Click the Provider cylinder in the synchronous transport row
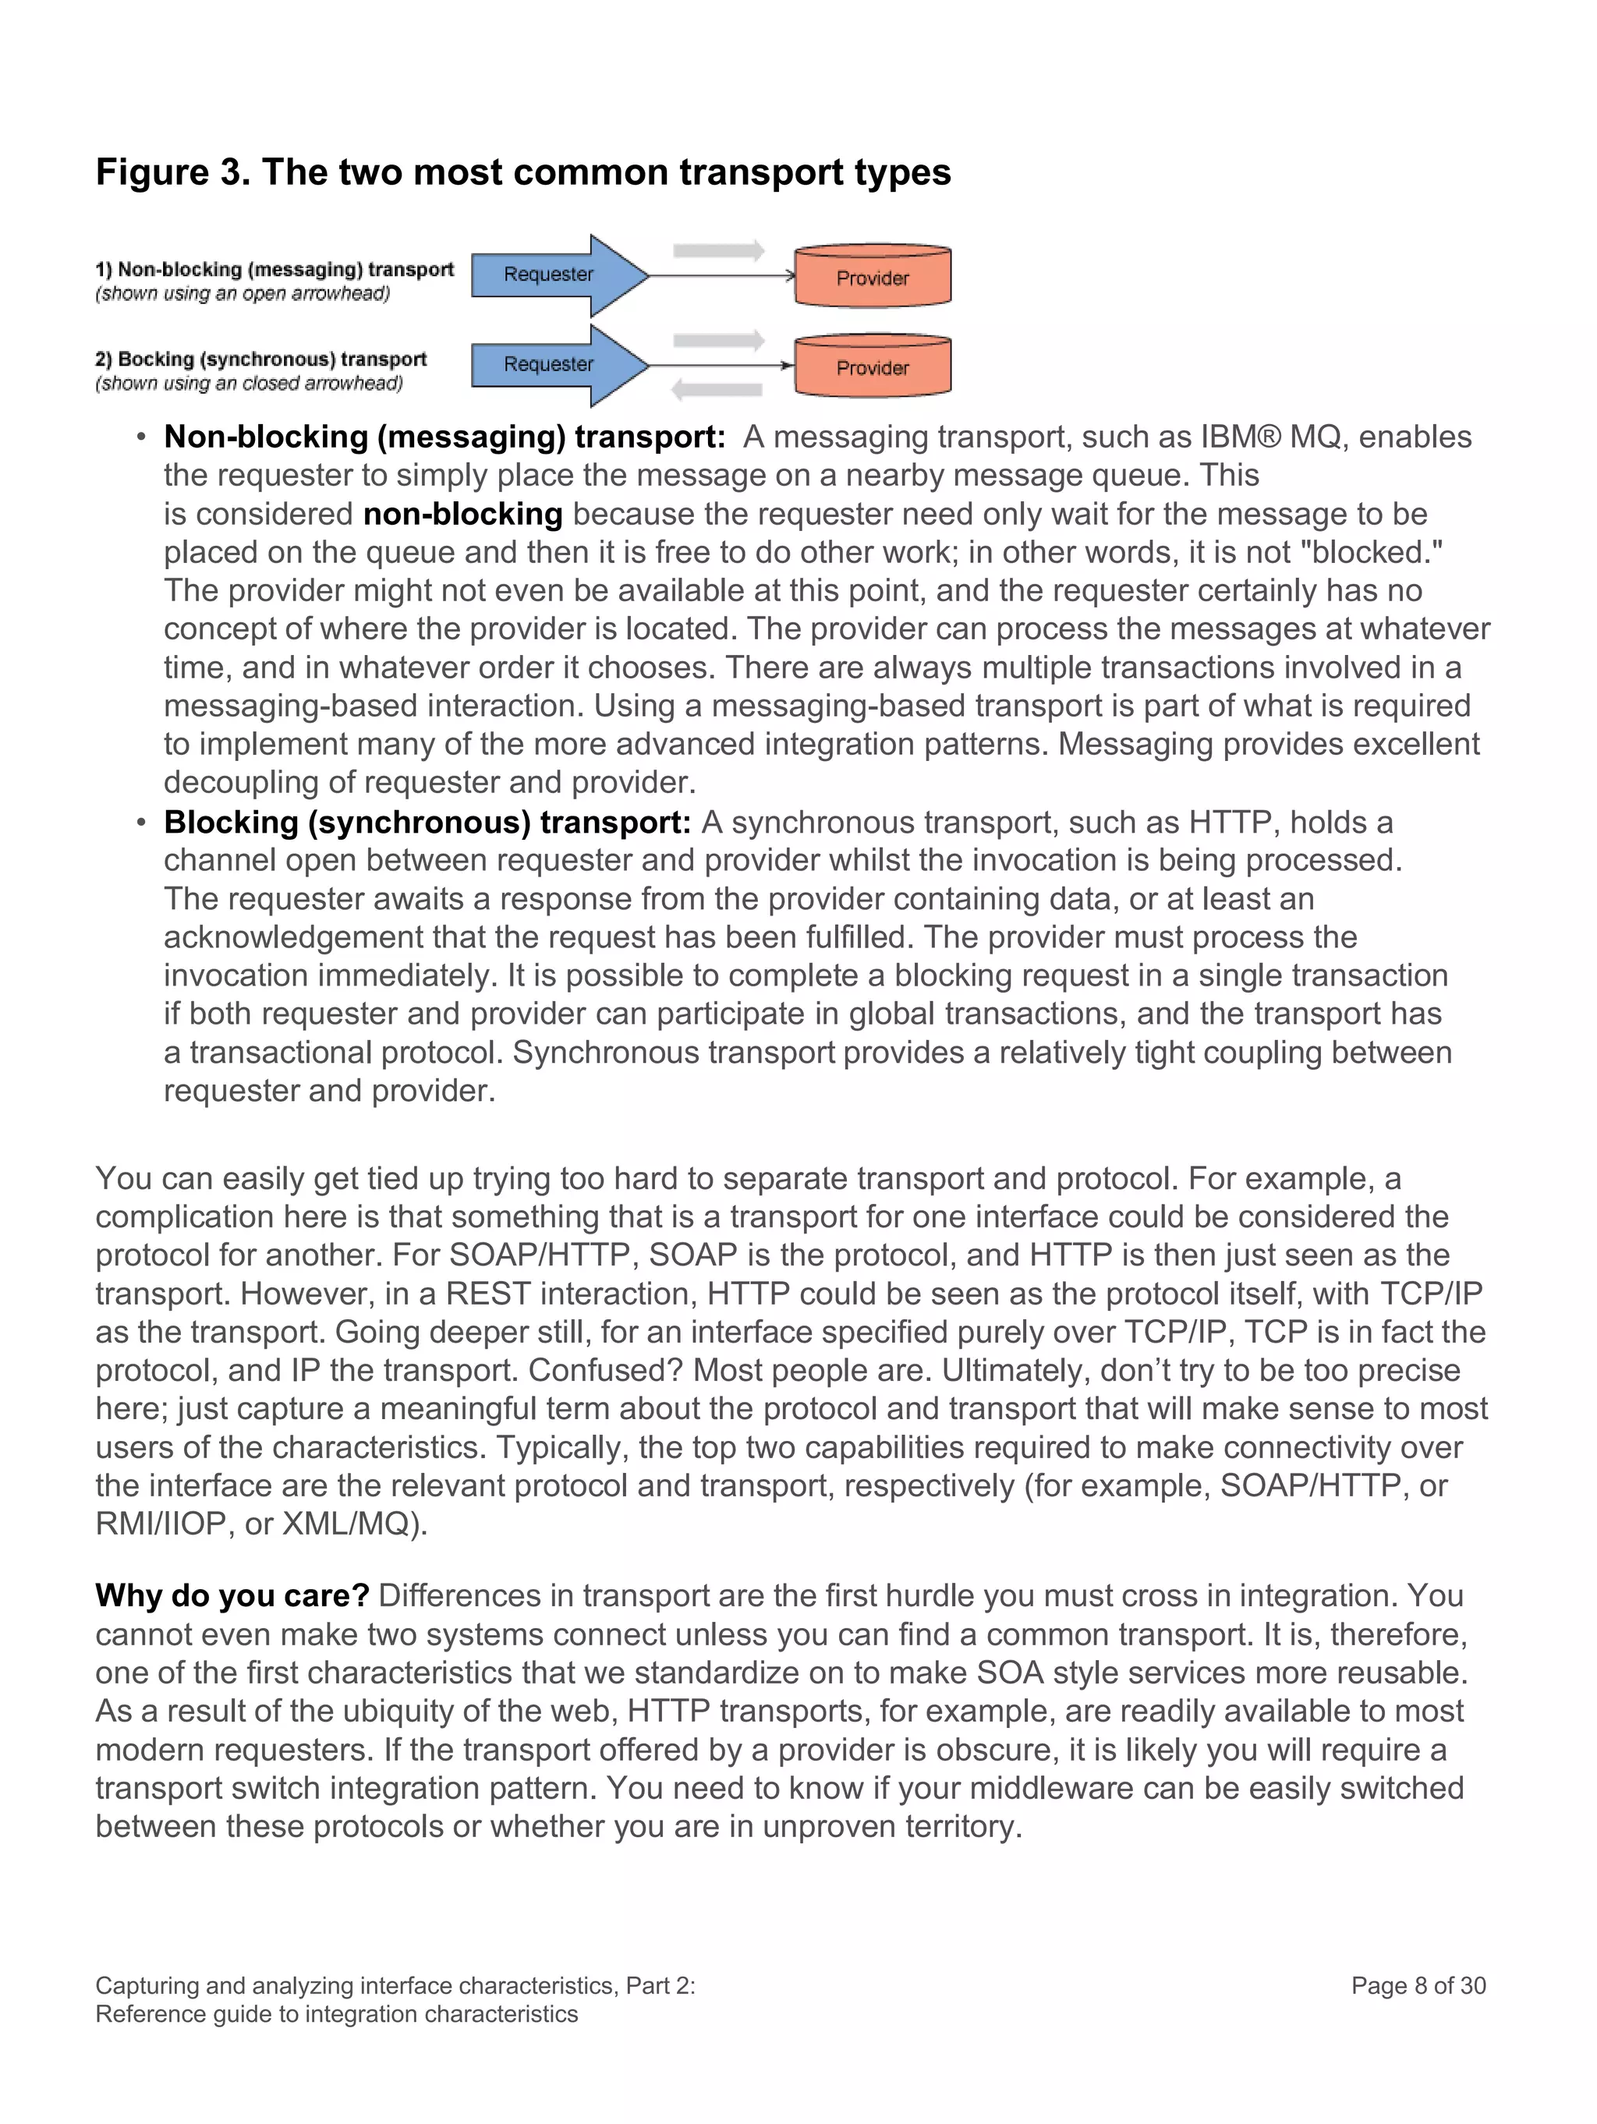click(872, 366)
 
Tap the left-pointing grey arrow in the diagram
click(717, 390)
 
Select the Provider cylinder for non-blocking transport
click(872, 277)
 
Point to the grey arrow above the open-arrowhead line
click(718, 250)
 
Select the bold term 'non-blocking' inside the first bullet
click(462, 514)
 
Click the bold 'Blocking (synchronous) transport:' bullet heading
click(427, 822)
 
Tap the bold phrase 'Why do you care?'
click(232, 1595)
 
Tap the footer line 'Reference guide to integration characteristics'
click(336, 2013)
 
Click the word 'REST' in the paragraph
click(488, 1294)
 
